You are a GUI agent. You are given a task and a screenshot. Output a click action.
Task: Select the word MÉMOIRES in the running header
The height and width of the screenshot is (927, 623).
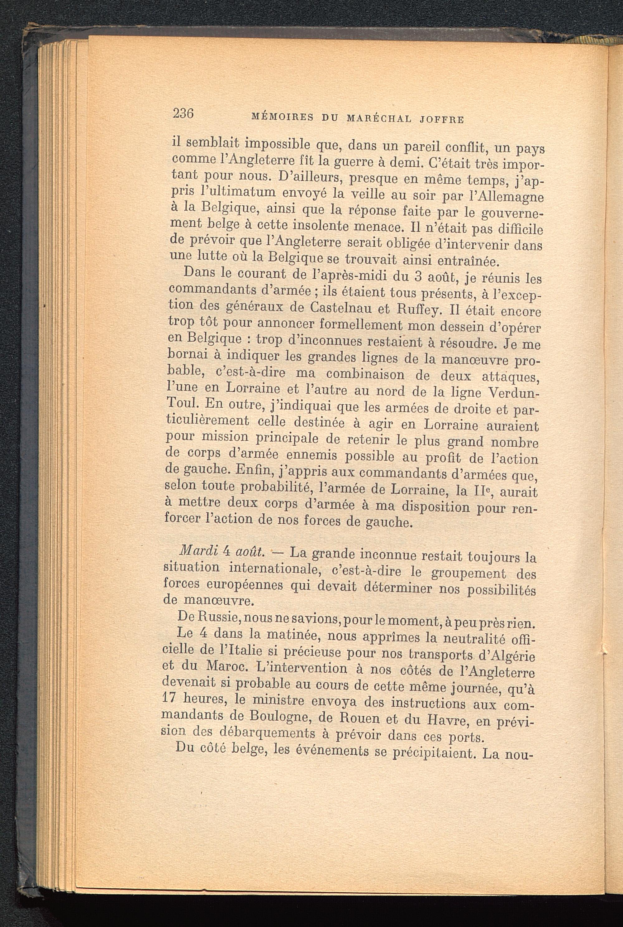click(283, 117)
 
